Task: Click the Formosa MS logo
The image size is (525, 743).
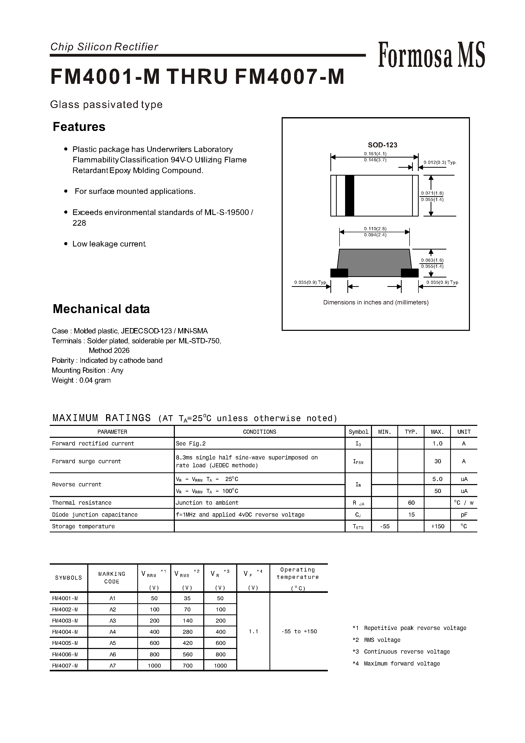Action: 431,55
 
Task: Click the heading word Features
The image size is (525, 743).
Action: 79,127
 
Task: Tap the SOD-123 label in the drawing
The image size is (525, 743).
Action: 382,145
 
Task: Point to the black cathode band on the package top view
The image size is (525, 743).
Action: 349,196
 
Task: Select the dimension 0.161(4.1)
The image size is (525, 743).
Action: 375,153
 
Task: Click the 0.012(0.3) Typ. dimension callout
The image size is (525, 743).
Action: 440,163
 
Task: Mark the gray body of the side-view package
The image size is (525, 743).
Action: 374,262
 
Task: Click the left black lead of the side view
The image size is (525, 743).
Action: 339,273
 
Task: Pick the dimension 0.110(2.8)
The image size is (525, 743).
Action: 375,228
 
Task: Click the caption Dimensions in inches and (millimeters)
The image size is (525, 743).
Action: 376,302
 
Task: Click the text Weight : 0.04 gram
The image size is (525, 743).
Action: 81,380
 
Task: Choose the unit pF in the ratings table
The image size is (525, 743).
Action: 464,515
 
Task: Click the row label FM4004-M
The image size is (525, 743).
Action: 65,632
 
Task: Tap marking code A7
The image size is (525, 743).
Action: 112,665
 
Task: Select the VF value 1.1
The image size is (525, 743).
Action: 253,631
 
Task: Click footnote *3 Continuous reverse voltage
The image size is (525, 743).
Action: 401,652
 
